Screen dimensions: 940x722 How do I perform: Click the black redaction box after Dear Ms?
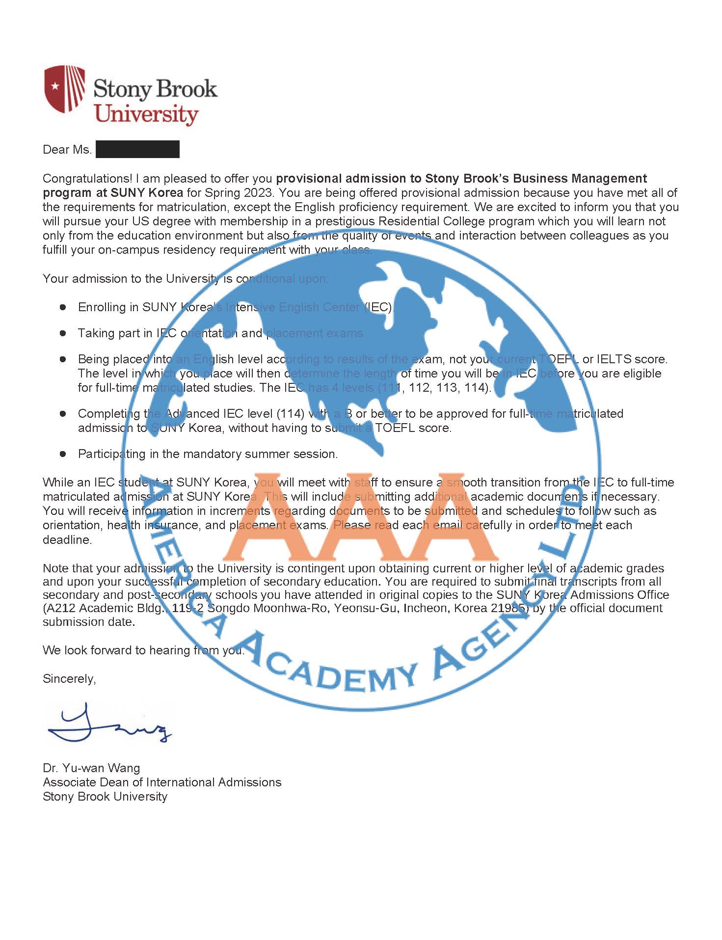pyautogui.click(x=137, y=149)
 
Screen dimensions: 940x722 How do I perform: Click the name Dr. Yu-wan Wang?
pyautogui.click(x=91, y=768)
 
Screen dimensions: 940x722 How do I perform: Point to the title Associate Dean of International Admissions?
pyautogui.click(x=162, y=782)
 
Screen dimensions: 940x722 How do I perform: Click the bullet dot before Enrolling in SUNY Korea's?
pyautogui.click(x=63, y=307)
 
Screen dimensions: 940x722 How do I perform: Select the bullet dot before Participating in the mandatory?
pyautogui.click(x=63, y=454)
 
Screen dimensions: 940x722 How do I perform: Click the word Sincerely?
pyautogui.click(x=69, y=678)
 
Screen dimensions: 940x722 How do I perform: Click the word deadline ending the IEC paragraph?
pyautogui.click(x=67, y=539)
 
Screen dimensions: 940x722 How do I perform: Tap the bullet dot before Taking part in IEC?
pyautogui.click(x=63, y=333)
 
